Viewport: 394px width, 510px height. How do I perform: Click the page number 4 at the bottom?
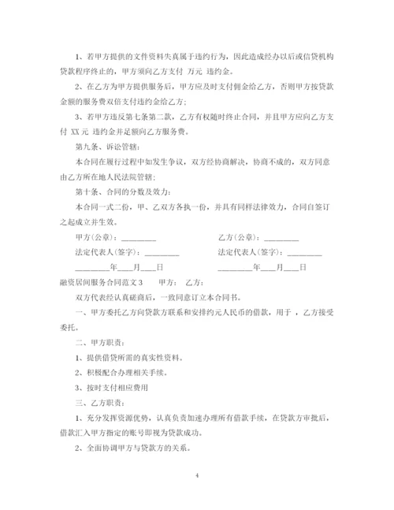(x=197, y=476)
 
